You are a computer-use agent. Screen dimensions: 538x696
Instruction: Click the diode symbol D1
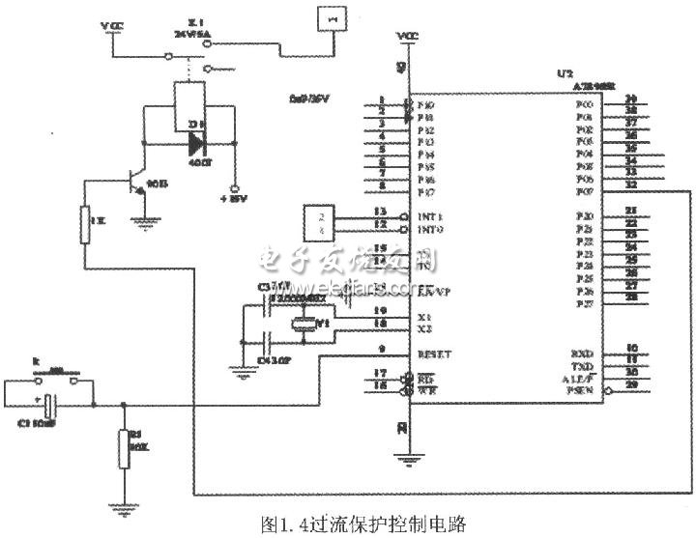(x=197, y=142)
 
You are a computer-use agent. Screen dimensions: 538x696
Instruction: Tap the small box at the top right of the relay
(x=333, y=19)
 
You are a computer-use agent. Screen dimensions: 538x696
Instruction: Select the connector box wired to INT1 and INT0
(x=319, y=221)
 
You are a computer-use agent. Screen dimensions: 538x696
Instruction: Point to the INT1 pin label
(x=430, y=216)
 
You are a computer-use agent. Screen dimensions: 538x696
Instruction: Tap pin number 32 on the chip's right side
(x=631, y=185)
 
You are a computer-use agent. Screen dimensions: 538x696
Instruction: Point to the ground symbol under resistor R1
(x=123, y=504)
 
